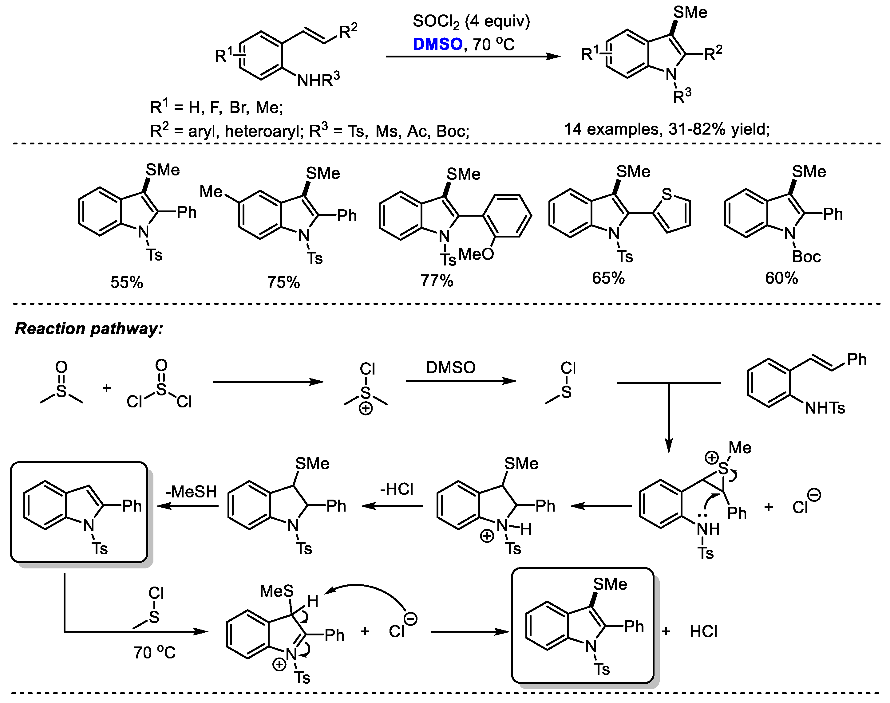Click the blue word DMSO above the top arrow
tap(437, 44)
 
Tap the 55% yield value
tap(126, 282)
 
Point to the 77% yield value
tap(437, 281)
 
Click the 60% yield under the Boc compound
tap(781, 279)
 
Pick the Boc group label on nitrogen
tap(806, 257)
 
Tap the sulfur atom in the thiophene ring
tap(667, 194)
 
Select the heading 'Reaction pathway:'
tap(89, 328)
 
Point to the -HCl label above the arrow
tap(396, 489)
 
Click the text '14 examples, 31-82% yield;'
tap(667, 129)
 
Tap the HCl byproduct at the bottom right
tap(703, 631)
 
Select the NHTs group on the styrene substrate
tap(825, 408)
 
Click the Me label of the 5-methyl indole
tap(211, 192)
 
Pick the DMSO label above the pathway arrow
tap(451, 367)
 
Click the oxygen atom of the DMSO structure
tap(61, 367)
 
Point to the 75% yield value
tap(283, 282)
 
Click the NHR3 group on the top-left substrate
tap(318, 80)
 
